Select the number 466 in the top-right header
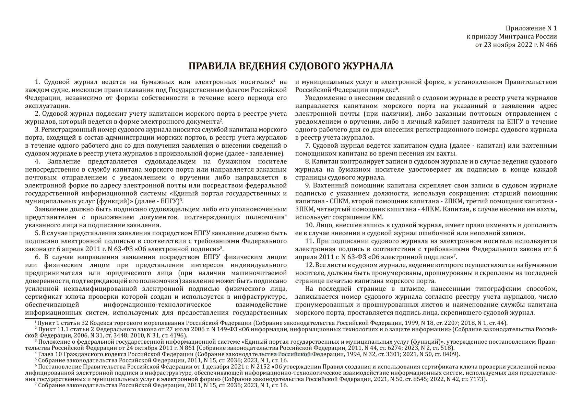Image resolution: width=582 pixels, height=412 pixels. [x=551, y=45]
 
